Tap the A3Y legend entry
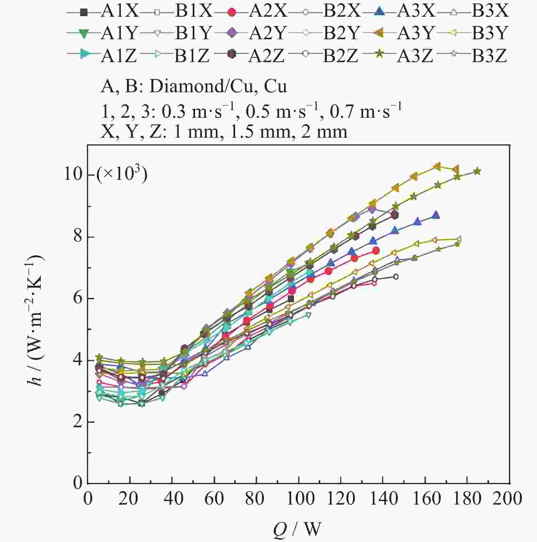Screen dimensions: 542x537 tap(398, 33)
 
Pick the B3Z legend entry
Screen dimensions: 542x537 tap(473, 56)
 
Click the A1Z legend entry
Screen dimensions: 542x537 tap(103, 56)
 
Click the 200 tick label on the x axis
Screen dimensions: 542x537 tap(508, 498)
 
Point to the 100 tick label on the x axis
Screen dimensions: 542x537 tap(298, 498)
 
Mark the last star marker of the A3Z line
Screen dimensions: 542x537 tap(477, 171)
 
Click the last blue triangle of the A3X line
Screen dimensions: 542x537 tap(435, 215)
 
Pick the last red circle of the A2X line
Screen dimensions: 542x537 tap(376, 250)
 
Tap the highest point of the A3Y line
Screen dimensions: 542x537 tap(438, 166)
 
